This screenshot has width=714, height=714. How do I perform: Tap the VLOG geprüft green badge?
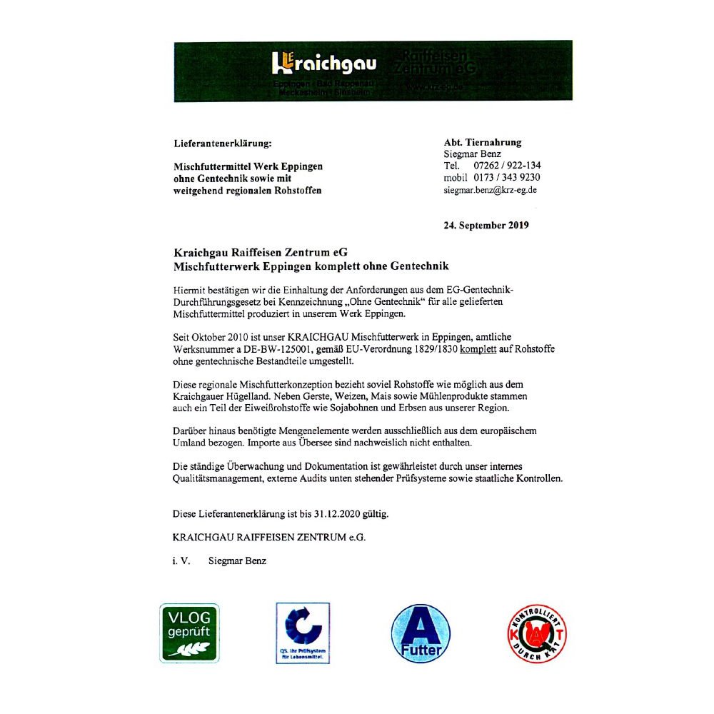pos(188,633)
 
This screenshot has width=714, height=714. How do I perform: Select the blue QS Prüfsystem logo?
pos(303,633)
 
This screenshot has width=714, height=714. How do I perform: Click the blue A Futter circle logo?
pos(421,633)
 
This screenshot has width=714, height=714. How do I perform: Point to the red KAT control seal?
pos(537,633)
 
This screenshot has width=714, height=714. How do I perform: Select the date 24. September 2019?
pos(486,226)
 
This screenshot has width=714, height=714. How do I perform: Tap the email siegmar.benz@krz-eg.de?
pos(490,190)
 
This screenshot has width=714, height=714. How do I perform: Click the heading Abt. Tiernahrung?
pos(483,142)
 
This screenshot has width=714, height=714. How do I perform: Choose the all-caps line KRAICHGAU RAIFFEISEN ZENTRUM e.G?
pos(269,537)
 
